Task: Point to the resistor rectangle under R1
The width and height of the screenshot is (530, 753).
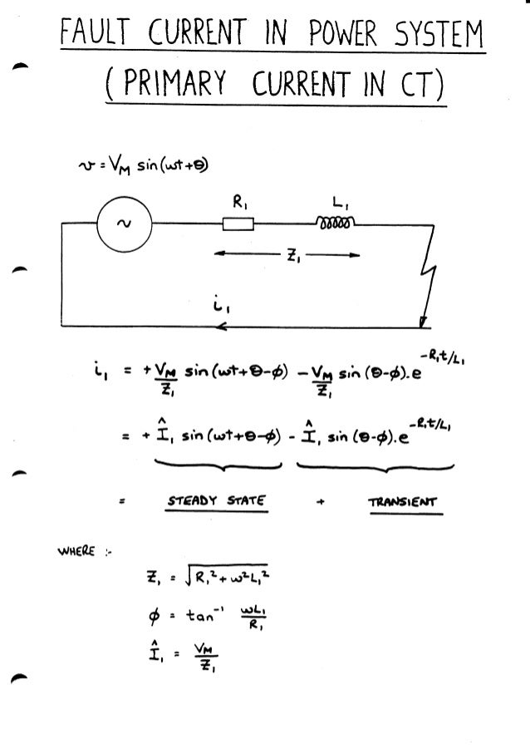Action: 238,224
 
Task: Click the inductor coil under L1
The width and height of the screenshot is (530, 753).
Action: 336,222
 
